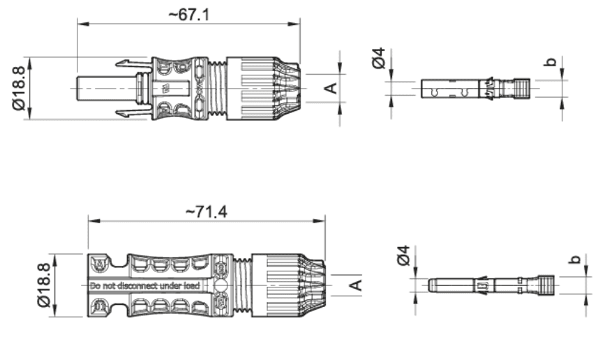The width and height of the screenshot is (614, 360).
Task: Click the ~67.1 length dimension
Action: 188,15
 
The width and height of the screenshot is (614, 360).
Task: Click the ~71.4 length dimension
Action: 205,211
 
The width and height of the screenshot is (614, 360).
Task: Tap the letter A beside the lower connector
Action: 354,285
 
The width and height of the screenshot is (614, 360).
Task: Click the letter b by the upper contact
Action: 552,63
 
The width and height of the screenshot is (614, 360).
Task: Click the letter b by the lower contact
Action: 574,260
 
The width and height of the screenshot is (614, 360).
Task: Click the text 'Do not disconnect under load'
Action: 144,286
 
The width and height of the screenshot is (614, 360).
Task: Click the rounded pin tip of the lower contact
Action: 430,285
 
